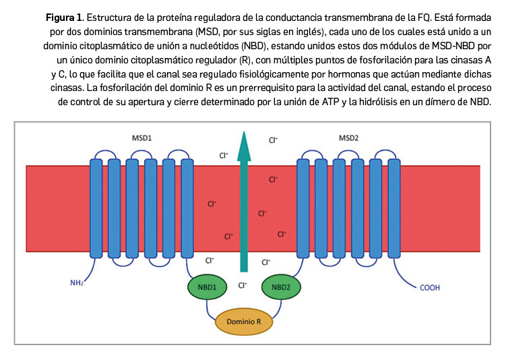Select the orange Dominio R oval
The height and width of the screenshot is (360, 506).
[244, 322]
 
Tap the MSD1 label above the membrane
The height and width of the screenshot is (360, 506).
[142, 138]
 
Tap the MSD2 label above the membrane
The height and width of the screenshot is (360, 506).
[348, 138]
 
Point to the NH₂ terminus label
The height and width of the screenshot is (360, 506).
[77, 282]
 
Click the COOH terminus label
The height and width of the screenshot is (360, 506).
[430, 288]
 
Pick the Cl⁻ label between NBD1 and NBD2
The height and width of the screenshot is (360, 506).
[243, 286]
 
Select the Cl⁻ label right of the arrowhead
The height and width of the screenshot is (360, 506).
[274, 140]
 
